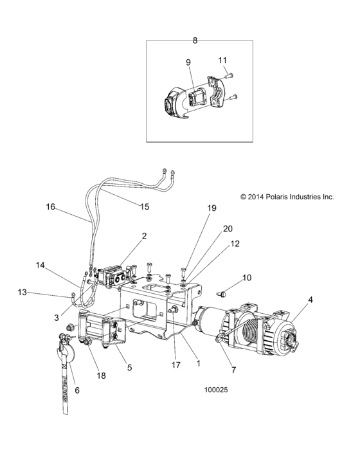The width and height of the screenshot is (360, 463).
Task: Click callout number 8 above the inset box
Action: coord(195,40)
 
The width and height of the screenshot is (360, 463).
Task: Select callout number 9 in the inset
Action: coord(188,62)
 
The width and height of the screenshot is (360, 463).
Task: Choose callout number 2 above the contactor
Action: coord(144,236)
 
